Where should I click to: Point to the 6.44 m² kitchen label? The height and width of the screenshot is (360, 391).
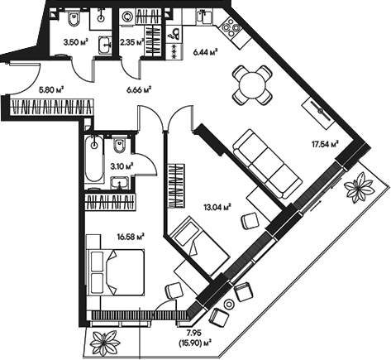point(205,51)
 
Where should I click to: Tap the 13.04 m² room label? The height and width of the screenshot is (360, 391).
point(217,207)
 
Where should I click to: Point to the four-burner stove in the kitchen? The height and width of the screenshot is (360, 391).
point(229,25)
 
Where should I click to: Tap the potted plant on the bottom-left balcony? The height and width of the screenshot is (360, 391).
point(104,339)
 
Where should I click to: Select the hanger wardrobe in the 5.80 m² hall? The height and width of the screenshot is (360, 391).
point(50,106)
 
